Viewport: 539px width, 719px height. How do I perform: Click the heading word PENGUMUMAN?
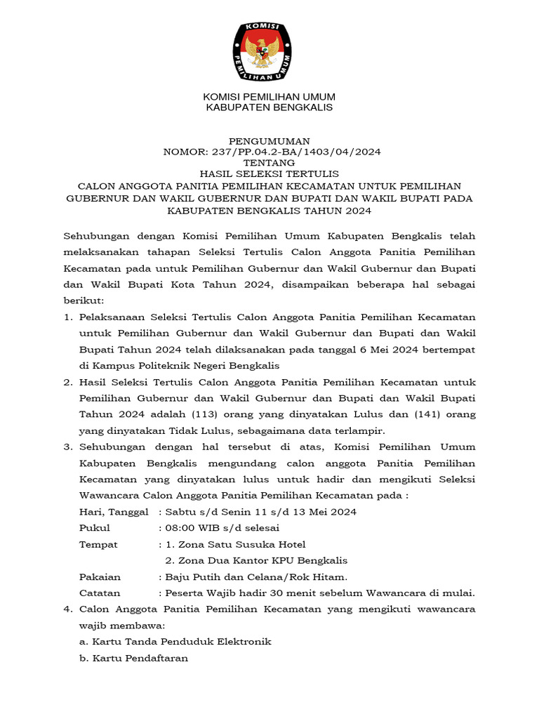[x=269, y=141]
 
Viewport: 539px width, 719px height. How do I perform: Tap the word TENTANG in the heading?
[x=269, y=163]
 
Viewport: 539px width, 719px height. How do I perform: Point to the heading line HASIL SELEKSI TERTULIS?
[x=269, y=174]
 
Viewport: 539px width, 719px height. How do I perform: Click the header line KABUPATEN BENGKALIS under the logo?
[x=269, y=107]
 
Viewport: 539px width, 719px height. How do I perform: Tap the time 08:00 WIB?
[x=193, y=528]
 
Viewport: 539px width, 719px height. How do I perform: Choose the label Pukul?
[x=95, y=528]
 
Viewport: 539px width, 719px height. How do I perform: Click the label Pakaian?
[x=100, y=577]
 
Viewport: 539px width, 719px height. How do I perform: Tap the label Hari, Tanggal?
[x=114, y=512]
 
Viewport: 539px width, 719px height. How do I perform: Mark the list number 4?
[x=67, y=609]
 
